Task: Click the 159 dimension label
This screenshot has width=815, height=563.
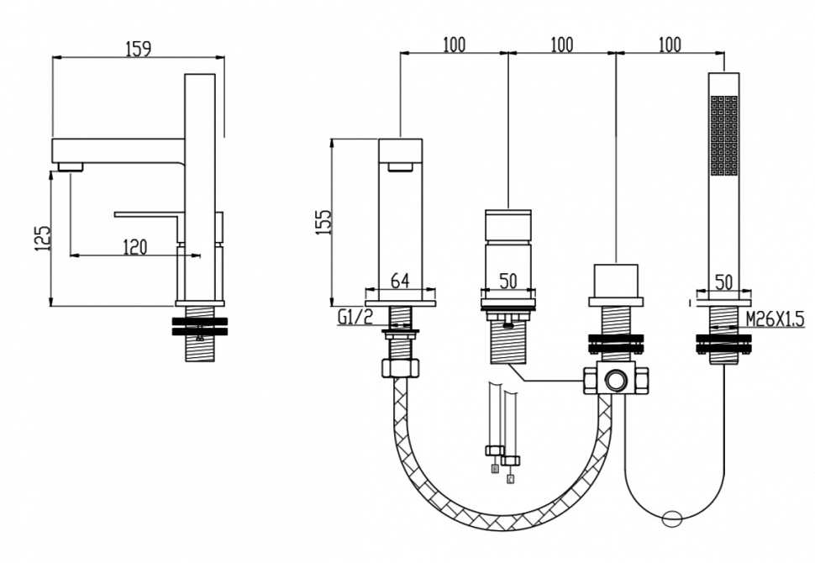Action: [139, 49]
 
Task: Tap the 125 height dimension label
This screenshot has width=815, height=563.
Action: [43, 239]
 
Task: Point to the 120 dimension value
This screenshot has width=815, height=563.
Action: [135, 247]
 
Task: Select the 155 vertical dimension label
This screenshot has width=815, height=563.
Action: [323, 222]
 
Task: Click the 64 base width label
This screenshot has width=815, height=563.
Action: [400, 281]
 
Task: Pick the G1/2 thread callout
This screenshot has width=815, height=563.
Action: [355, 317]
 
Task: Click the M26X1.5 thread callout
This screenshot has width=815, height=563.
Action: [776, 318]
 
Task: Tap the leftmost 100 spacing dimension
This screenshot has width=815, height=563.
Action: [455, 45]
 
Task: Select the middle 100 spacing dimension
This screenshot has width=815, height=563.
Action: [562, 45]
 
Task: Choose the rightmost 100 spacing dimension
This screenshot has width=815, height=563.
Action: [670, 45]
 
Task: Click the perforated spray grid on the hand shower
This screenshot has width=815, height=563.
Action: [723, 134]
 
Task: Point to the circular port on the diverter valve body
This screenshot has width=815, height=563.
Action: [616, 380]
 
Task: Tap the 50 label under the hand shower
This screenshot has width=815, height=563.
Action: [723, 282]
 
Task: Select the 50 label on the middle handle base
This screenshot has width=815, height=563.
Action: [507, 281]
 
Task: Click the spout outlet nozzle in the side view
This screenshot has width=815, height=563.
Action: [71, 167]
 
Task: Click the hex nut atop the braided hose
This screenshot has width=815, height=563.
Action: [400, 367]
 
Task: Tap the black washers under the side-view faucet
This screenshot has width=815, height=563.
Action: [199, 326]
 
